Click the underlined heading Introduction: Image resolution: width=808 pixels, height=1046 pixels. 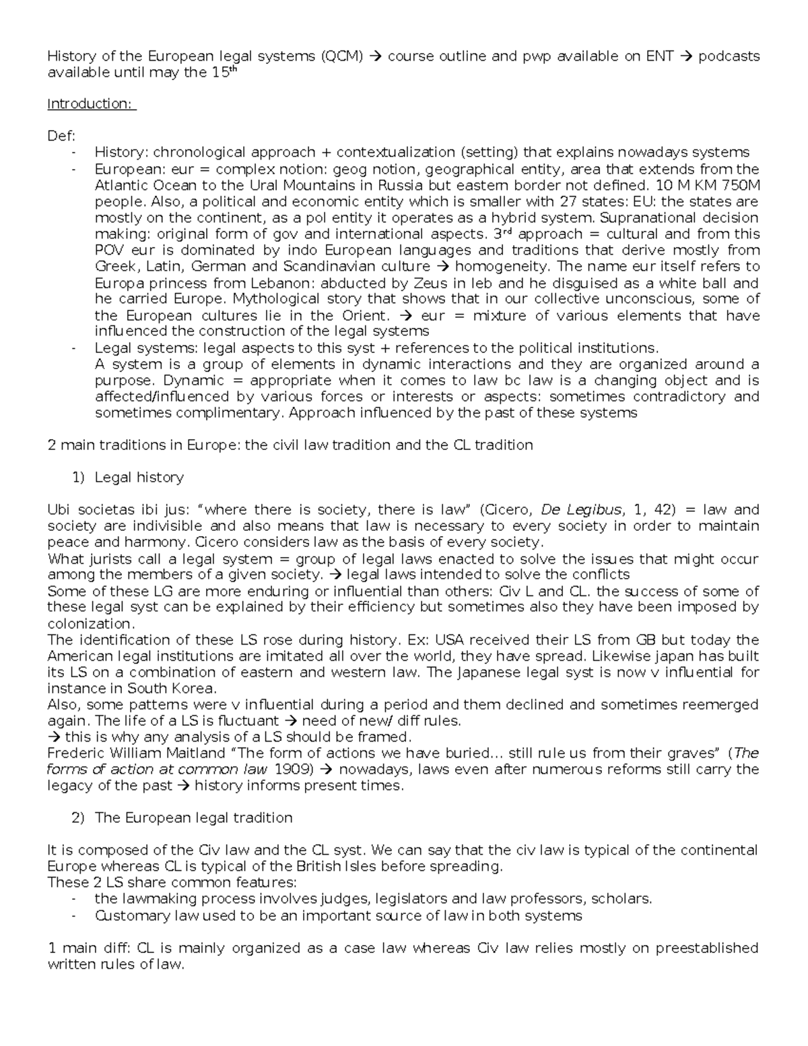click(91, 104)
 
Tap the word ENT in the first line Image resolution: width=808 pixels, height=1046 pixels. click(659, 57)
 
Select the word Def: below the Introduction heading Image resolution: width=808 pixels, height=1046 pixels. click(58, 136)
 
